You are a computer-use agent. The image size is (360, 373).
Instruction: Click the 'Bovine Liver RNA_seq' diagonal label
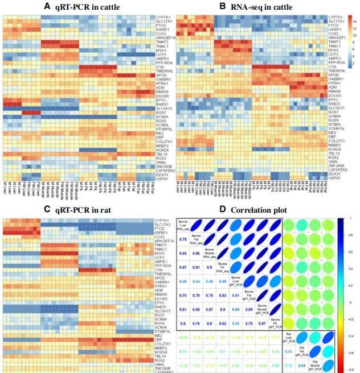coord(184,224)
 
